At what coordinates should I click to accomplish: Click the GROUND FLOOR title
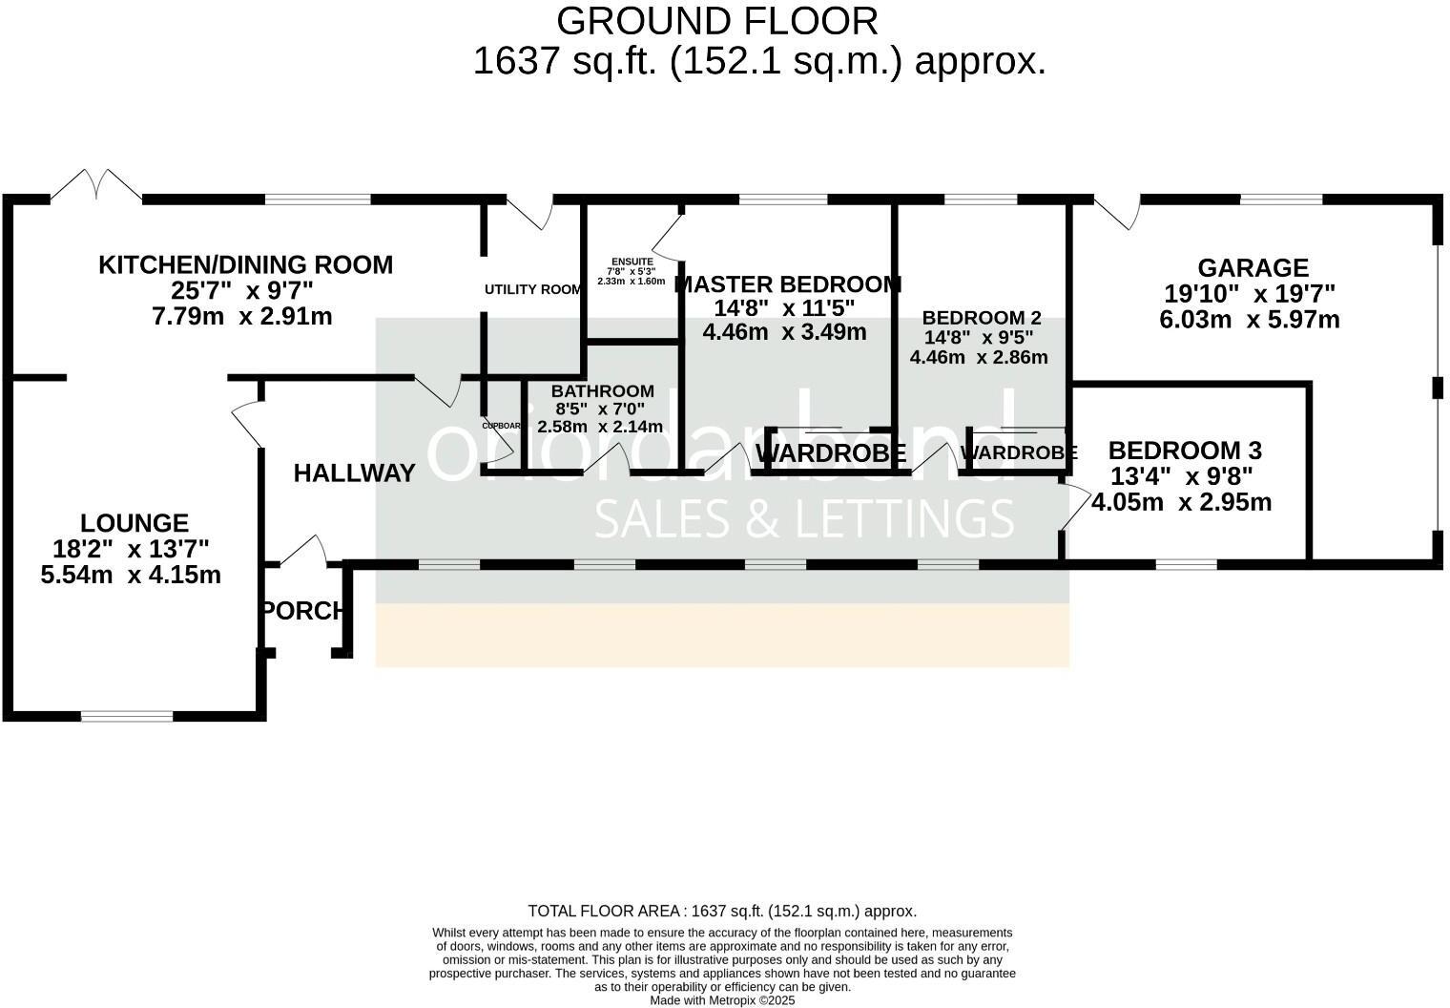[716, 21]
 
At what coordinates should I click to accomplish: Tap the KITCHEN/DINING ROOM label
[245, 264]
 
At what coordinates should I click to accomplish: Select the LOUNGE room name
[135, 523]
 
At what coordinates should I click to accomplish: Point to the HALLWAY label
[354, 472]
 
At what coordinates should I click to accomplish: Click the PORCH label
[302, 611]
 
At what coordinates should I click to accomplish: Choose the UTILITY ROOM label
[532, 289]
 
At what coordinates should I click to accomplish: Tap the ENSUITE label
[632, 262]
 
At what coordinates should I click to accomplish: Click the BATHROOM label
[602, 390]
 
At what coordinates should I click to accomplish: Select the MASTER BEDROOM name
[787, 284]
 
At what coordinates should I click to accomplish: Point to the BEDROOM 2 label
[982, 317]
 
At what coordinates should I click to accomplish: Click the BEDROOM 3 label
[1185, 450]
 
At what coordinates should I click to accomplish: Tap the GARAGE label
[1253, 268]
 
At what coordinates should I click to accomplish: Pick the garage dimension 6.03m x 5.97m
[1249, 320]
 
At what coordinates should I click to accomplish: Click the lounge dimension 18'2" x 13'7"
[132, 549]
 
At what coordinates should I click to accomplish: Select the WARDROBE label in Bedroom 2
[1018, 453]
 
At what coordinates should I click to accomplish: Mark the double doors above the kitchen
[95, 186]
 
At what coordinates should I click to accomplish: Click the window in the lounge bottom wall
[126, 715]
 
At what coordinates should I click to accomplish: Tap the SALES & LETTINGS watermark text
[803, 518]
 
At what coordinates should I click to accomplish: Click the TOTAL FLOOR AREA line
[721, 911]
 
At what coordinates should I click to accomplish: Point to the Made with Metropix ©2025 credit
[721, 1000]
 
